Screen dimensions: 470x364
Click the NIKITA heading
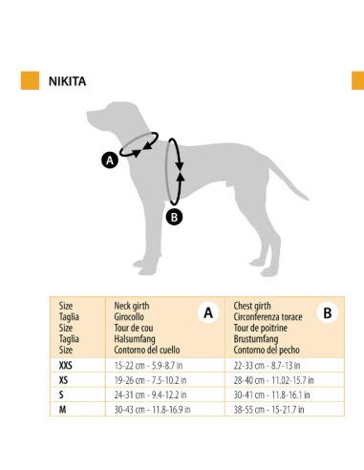pyautogui.click(x=67, y=81)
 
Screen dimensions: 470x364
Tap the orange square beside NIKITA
pyautogui.click(x=30, y=80)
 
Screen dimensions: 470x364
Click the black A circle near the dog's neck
pyautogui.click(x=109, y=160)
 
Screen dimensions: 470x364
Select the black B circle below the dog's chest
pyautogui.click(x=174, y=216)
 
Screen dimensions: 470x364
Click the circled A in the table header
pyautogui.click(x=207, y=311)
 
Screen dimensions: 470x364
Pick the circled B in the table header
pyautogui.click(x=327, y=311)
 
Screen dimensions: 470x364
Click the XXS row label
pyautogui.click(x=65, y=365)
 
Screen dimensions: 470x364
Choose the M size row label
pyautogui.click(x=62, y=409)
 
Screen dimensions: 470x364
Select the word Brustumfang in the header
pyautogui.click(x=255, y=339)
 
